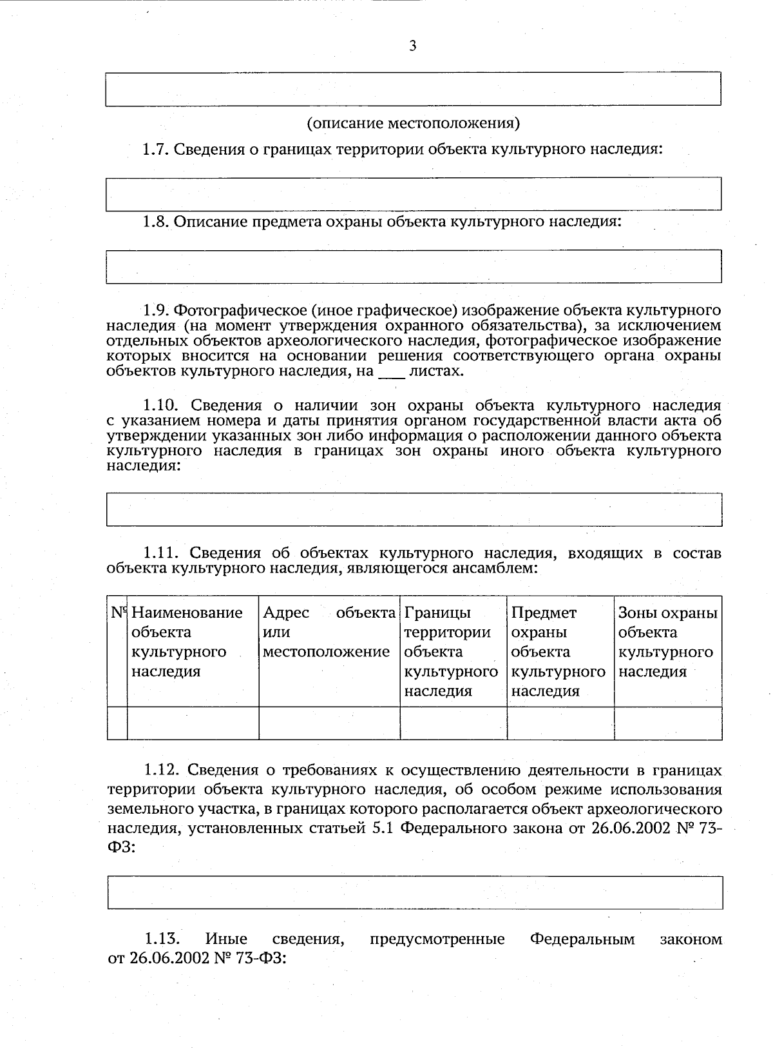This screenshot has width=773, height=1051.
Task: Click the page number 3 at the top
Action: (x=413, y=45)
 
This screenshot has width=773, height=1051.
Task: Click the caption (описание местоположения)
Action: (x=413, y=123)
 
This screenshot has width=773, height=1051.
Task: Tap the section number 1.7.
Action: (x=155, y=150)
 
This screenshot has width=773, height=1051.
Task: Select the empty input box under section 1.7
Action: (x=413, y=194)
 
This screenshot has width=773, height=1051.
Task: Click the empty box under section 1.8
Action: (x=413, y=266)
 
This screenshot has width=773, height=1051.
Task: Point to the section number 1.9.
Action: (x=155, y=310)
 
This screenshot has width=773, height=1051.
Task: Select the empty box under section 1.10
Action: (x=413, y=509)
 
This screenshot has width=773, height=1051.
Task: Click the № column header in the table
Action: (x=117, y=613)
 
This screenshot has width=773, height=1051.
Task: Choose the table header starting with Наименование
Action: (x=187, y=642)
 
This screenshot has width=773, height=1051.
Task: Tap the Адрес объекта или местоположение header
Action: (x=329, y=632)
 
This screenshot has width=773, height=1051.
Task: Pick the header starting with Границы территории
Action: (x=451, y=651)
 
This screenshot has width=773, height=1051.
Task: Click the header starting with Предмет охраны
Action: (x=558, y=651)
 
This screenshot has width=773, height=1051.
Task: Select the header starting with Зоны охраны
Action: (x=667, y=642)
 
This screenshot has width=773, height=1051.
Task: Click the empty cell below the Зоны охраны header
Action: (x=667, y=723)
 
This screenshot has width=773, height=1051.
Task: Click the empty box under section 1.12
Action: (x=415, y=892)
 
